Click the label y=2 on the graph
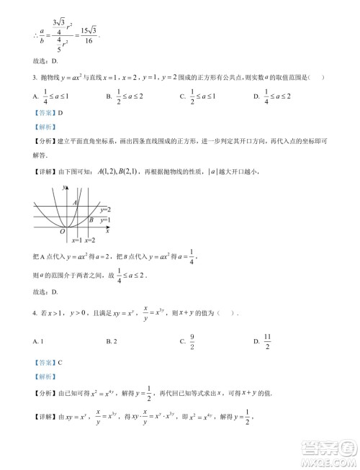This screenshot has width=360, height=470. pyautogui.click(x=105, y=209)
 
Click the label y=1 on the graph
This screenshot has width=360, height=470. pyautogui.click(x=105, y=220)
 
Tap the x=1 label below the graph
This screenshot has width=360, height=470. pyautogui.click(x=78, y=240)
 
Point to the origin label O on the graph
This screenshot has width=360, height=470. pyautogui.click(x=63, y=232)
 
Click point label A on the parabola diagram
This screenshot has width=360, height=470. pyautogui.click(x=76, y=204)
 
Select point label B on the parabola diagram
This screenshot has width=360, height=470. pyautogui.click(x=91, y=220)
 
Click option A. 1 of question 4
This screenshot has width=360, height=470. pyautogui.click(x=39, y=340)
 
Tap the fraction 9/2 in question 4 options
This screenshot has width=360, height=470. pyautogui.click(x=194, y=340)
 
